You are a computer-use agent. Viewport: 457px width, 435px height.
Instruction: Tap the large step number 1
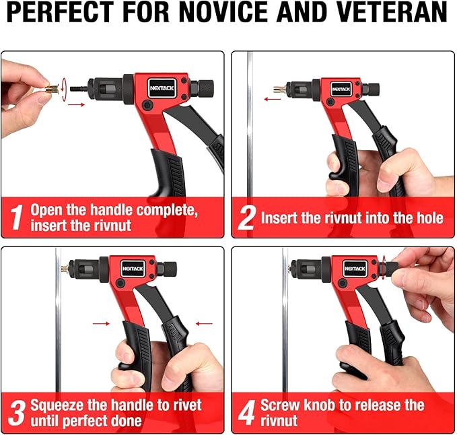click(17, 217)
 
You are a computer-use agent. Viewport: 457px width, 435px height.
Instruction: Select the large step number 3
click(17, 412)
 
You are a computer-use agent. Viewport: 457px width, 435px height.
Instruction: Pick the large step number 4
click(247, 412)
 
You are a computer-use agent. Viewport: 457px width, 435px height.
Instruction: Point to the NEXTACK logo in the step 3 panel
click(133, 268)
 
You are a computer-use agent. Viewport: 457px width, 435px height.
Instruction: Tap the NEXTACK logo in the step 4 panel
click(355, 268)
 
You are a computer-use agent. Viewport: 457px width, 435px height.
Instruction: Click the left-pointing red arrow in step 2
click(272, 98)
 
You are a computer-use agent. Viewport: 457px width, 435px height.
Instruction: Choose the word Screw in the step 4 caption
click(279, 405)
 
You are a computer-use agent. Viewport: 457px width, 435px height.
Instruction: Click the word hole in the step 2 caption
click(429, 218)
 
